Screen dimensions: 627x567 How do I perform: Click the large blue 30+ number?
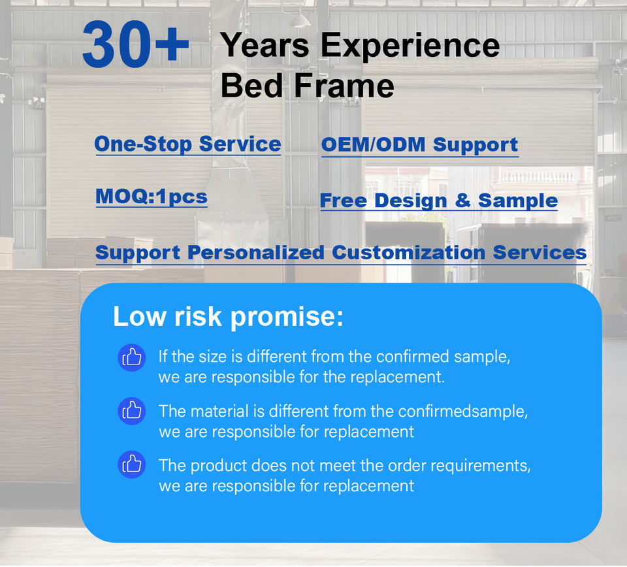(136, 44)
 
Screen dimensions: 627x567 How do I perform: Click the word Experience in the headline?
(410, 46)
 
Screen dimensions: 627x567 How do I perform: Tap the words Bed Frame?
(307, 86)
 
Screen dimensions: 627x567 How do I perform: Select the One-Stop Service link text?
(187, 144)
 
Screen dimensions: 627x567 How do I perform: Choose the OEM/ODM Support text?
(419, 145)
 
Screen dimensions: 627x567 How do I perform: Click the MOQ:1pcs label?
(152, 197)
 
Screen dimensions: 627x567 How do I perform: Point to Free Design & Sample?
(439, 201)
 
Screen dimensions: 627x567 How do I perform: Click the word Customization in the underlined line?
(409, 253)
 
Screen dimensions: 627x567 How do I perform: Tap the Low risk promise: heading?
(228, 317)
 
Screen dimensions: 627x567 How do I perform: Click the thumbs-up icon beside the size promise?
(131, 357)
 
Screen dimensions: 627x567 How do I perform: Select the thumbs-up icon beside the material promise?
(131, 411)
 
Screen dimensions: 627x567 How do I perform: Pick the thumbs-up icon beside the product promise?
(131, 465)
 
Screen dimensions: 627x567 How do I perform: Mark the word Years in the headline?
(265, 46)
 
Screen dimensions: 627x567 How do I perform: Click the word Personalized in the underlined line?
(256, 253)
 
